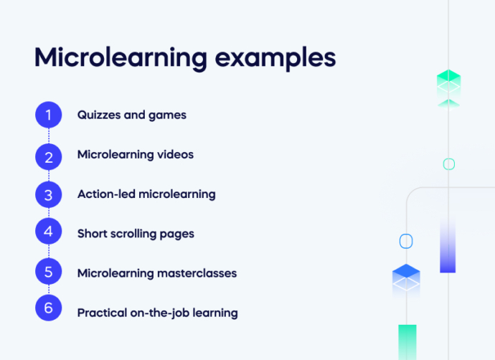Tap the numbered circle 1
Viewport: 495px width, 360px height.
pos(49,115)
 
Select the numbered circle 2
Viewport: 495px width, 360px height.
pos(49,155)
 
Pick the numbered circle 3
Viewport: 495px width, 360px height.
pos(49,194)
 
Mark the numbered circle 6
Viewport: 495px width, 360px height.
pos(49,309)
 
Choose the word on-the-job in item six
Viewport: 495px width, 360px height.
pos(157,313)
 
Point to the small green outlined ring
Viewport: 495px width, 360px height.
pos(449,164)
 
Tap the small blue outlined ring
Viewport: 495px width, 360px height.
pos(406,242)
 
